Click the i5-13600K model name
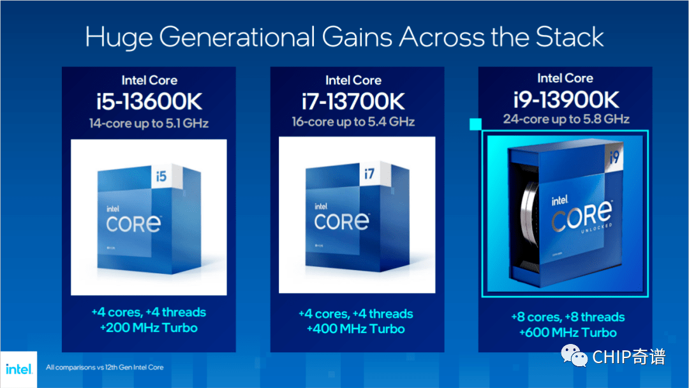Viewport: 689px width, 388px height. pos(149,102)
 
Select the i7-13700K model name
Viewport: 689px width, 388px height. pos(353,102)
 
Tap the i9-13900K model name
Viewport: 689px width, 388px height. pos(566,100)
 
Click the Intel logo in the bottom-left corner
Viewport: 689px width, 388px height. pos(19,369)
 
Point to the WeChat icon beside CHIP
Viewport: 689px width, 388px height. pos(574,355)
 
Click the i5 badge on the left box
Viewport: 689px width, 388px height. pos(161,176)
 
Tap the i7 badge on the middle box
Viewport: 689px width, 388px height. pos(369,174)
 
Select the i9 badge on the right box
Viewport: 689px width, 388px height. pos(614,156)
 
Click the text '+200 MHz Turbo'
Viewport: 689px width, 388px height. pos(149,328)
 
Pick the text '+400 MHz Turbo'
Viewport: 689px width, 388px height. pos(355,329)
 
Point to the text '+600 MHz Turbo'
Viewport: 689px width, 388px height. pos(568,332)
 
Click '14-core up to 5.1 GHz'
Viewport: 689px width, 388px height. pos(149,123)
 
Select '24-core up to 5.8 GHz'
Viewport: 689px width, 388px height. pos(566,119)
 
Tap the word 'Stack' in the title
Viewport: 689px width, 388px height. pos(570,37)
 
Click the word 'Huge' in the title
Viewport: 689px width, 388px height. pos(119,38)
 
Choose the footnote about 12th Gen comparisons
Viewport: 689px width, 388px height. pos(105,368)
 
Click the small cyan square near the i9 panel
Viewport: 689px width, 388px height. pos(475,124)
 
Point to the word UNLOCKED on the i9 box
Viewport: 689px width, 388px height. pos(596,228)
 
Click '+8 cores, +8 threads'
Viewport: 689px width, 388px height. pos(568,317)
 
